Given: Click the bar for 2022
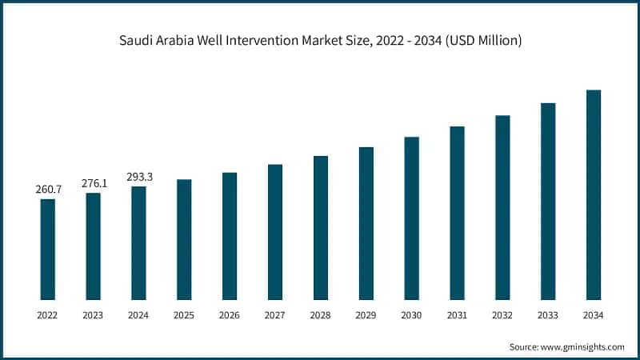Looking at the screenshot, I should [48, 249].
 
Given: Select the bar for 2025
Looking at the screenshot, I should [184, 239].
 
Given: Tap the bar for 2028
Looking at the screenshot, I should [321, 227].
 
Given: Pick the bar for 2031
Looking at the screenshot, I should [457, 213].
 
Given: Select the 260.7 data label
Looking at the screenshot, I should [48, 190].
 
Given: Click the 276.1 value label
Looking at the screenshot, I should [94, 183].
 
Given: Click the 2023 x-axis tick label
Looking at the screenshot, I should [94, 316].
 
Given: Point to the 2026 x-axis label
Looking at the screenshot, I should [230, 316].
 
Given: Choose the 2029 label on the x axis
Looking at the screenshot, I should [366, 316].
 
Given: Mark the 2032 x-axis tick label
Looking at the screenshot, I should [502, 316].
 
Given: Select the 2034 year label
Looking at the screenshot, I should [593, 316].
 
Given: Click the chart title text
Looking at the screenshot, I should [320, 40].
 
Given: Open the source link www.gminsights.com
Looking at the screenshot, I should [582, 346].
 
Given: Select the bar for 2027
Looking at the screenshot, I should [275, 232].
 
